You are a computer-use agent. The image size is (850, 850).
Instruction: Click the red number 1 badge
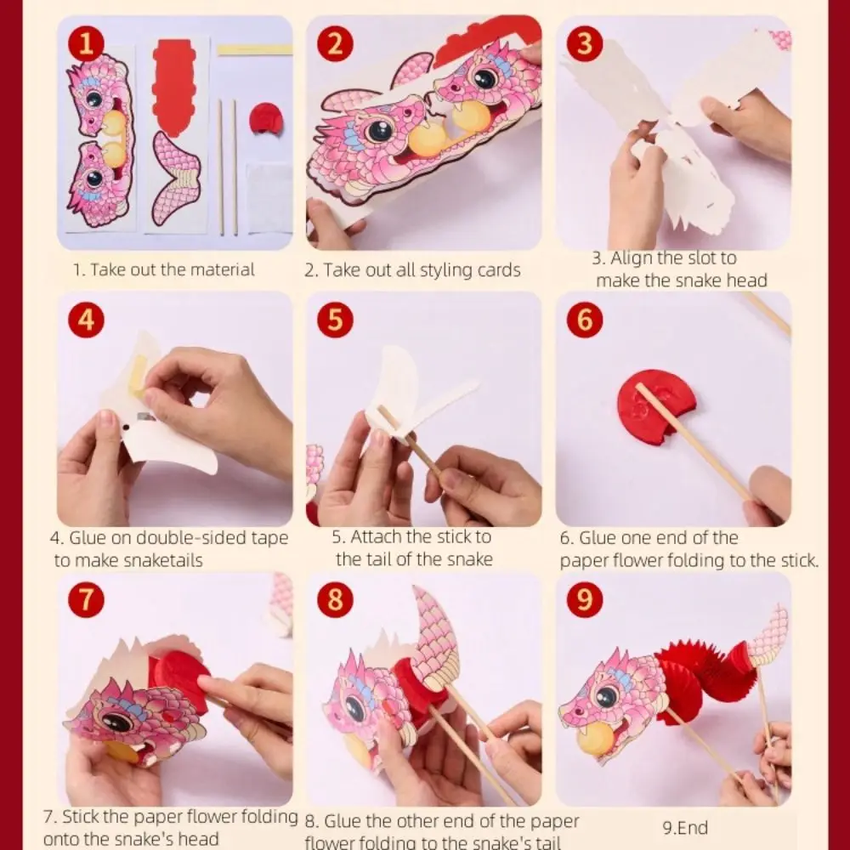click(86, 44)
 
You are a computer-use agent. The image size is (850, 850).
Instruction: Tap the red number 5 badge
click(335, 320)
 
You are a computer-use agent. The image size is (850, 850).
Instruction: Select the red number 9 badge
click(584, 600)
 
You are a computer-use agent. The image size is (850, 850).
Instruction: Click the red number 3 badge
click(584, 44)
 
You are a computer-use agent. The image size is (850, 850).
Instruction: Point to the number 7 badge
click(86, 600)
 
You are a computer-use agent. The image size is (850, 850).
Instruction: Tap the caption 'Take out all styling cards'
click(412, 270)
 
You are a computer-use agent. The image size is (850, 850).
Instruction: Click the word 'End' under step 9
click(694, 827)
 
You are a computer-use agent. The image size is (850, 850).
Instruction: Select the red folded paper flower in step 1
click(266, 118)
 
